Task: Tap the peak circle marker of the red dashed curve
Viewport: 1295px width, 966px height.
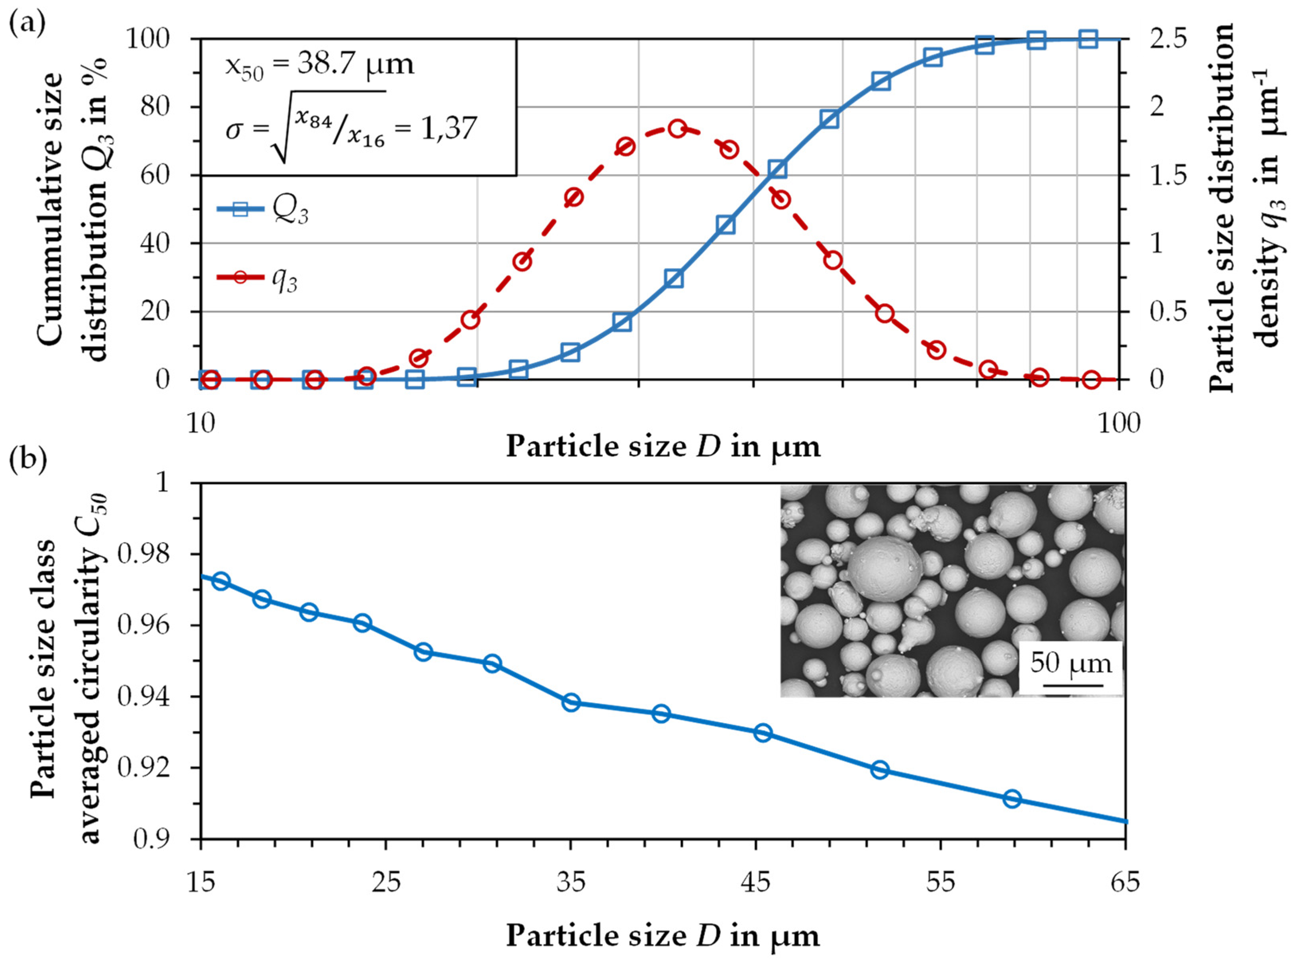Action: click(x=677, y=129)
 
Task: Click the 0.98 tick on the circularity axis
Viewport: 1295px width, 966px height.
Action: click(x=143, y=555)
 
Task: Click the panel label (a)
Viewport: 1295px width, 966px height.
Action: click(x=27, y=25)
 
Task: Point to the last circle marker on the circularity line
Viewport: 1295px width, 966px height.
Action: click(x=1012, y=799)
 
